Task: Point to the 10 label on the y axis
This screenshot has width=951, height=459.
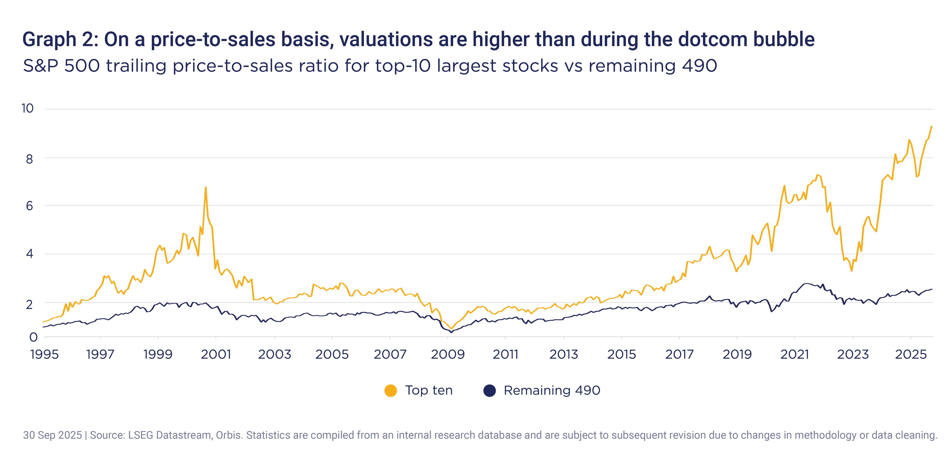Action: [28, 109]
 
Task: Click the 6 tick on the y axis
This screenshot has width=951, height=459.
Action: [30, 206]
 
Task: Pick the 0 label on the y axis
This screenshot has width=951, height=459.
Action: [33, 337]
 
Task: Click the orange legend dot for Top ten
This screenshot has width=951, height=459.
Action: [391, 390]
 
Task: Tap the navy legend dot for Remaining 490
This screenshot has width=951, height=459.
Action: [489, 390]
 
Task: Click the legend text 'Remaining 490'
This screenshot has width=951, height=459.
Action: [552, 390]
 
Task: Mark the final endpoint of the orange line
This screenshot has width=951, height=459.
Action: [931, 126]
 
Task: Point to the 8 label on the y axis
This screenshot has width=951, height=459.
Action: [30, 159]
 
